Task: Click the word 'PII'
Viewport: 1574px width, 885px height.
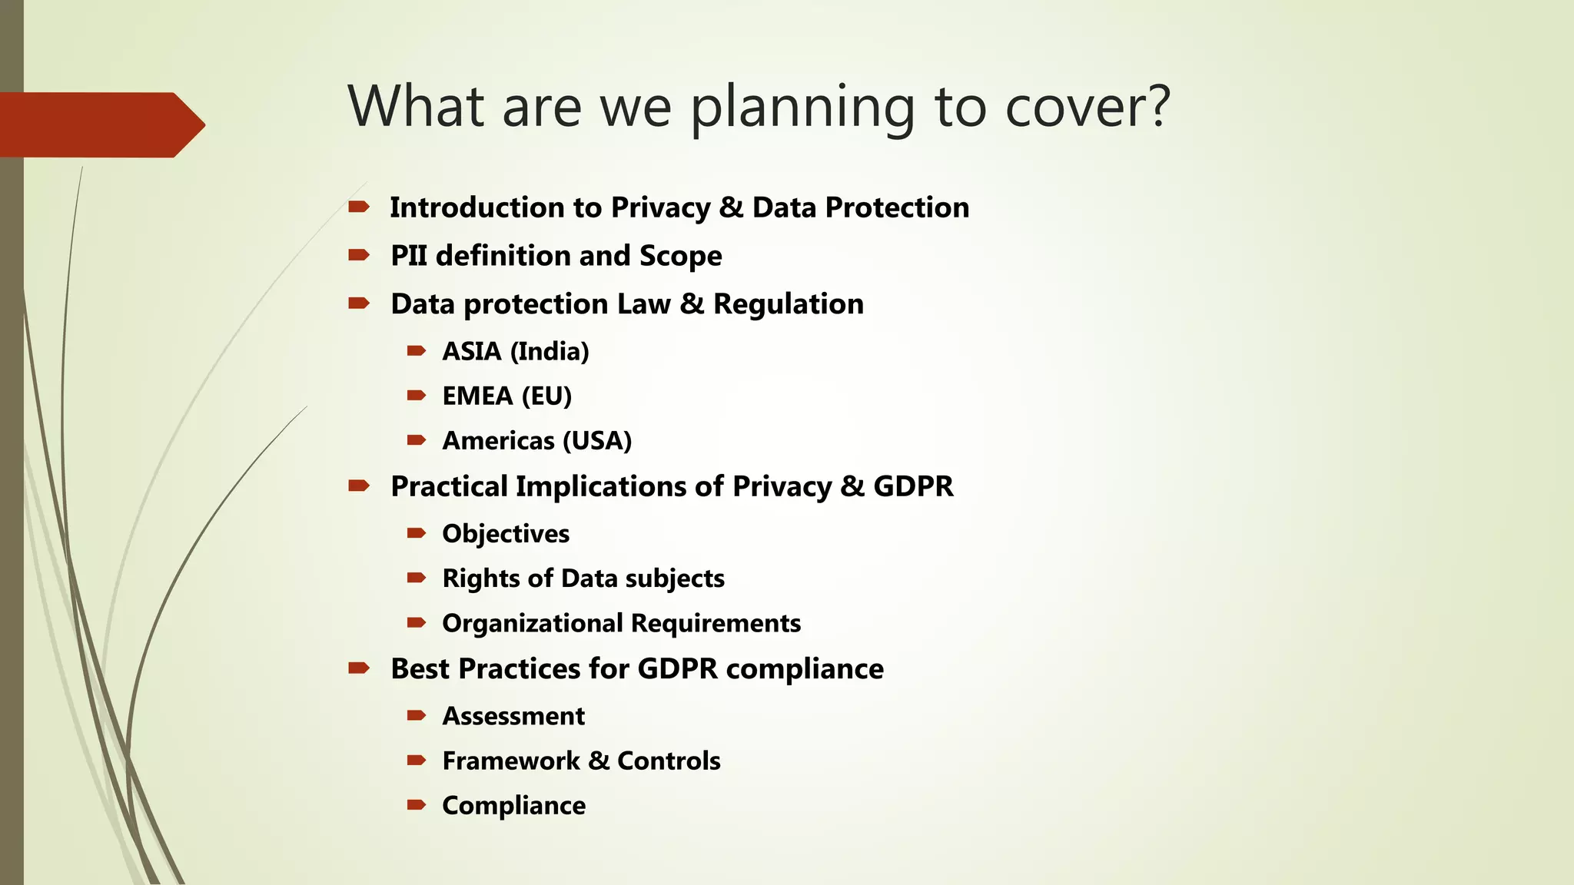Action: click(x=408, y=256)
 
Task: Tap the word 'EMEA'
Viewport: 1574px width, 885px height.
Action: click(x=477, y=396)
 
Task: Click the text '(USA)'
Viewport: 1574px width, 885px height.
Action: click(x=597, y=441)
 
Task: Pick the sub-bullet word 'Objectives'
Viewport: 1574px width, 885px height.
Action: click(x=506, y=533)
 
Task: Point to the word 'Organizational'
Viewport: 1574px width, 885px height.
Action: click(x=533, y=623)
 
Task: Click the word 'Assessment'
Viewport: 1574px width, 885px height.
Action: click(x=513, y=716)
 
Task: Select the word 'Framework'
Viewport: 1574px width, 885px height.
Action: click(x=511, y=761)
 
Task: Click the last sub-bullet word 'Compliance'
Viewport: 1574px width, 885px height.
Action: click(x=513, y=805)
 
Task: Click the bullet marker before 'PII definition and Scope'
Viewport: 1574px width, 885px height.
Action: click(x=359, y=255)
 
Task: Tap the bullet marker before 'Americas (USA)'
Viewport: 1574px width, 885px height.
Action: click(x=417, y=440)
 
